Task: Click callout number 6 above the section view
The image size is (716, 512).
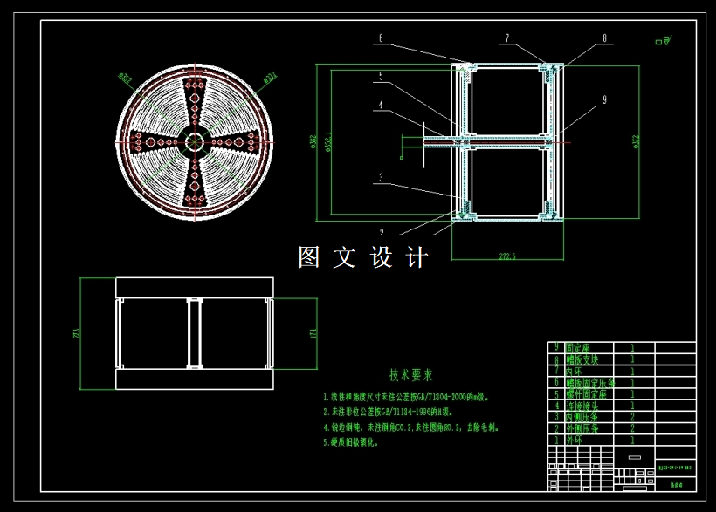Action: [381, 38]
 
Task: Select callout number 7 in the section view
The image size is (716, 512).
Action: [506, 38]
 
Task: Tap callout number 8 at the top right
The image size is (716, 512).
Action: [603, 38]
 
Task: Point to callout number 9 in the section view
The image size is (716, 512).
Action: [603, 100]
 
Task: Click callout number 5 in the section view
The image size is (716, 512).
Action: [381, 77]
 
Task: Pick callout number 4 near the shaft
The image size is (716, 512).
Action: [381, 106]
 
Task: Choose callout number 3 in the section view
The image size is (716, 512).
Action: [381, 177]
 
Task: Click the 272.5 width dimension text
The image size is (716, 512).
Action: [507, 256]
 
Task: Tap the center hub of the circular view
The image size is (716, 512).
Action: [193, 141]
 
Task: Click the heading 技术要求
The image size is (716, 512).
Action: [410, 375]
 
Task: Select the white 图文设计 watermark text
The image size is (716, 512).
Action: [363, 257]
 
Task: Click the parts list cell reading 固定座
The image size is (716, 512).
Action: [577, 347]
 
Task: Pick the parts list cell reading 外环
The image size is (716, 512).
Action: [573, 440]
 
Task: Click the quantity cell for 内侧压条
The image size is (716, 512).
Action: [631, 417]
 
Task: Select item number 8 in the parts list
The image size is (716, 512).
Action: [556, 358]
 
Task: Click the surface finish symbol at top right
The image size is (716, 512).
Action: [664, 40]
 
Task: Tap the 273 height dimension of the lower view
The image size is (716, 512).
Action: [77, 333]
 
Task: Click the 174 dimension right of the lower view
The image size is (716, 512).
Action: [312, 333]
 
